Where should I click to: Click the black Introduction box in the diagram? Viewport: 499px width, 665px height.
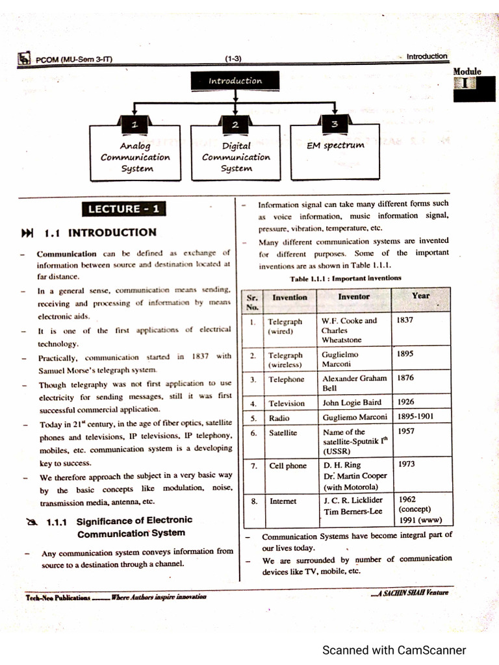point(235,81)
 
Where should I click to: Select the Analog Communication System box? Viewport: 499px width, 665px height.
point(135,157)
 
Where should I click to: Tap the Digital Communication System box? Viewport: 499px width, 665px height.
point(236,157)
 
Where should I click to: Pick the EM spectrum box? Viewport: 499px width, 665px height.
point(335,153)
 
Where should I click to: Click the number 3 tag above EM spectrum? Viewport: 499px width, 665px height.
point(334,124)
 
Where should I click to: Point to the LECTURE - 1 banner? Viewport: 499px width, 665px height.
point(123,209)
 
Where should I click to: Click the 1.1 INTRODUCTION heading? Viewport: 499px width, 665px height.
point(100,232)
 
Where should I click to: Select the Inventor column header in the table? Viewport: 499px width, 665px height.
point(354,296)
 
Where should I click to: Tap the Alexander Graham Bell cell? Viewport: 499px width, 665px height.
point(354,383)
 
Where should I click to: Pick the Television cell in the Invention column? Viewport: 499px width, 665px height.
point(287,403)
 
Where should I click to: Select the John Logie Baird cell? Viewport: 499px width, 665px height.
point(352,403)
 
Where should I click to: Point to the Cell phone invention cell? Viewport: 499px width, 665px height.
point(288,466)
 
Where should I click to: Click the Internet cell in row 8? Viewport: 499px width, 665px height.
point(283,501)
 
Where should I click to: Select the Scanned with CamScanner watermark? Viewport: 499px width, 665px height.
point(394,649)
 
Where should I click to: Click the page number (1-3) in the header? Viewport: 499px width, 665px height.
point(233,58)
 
